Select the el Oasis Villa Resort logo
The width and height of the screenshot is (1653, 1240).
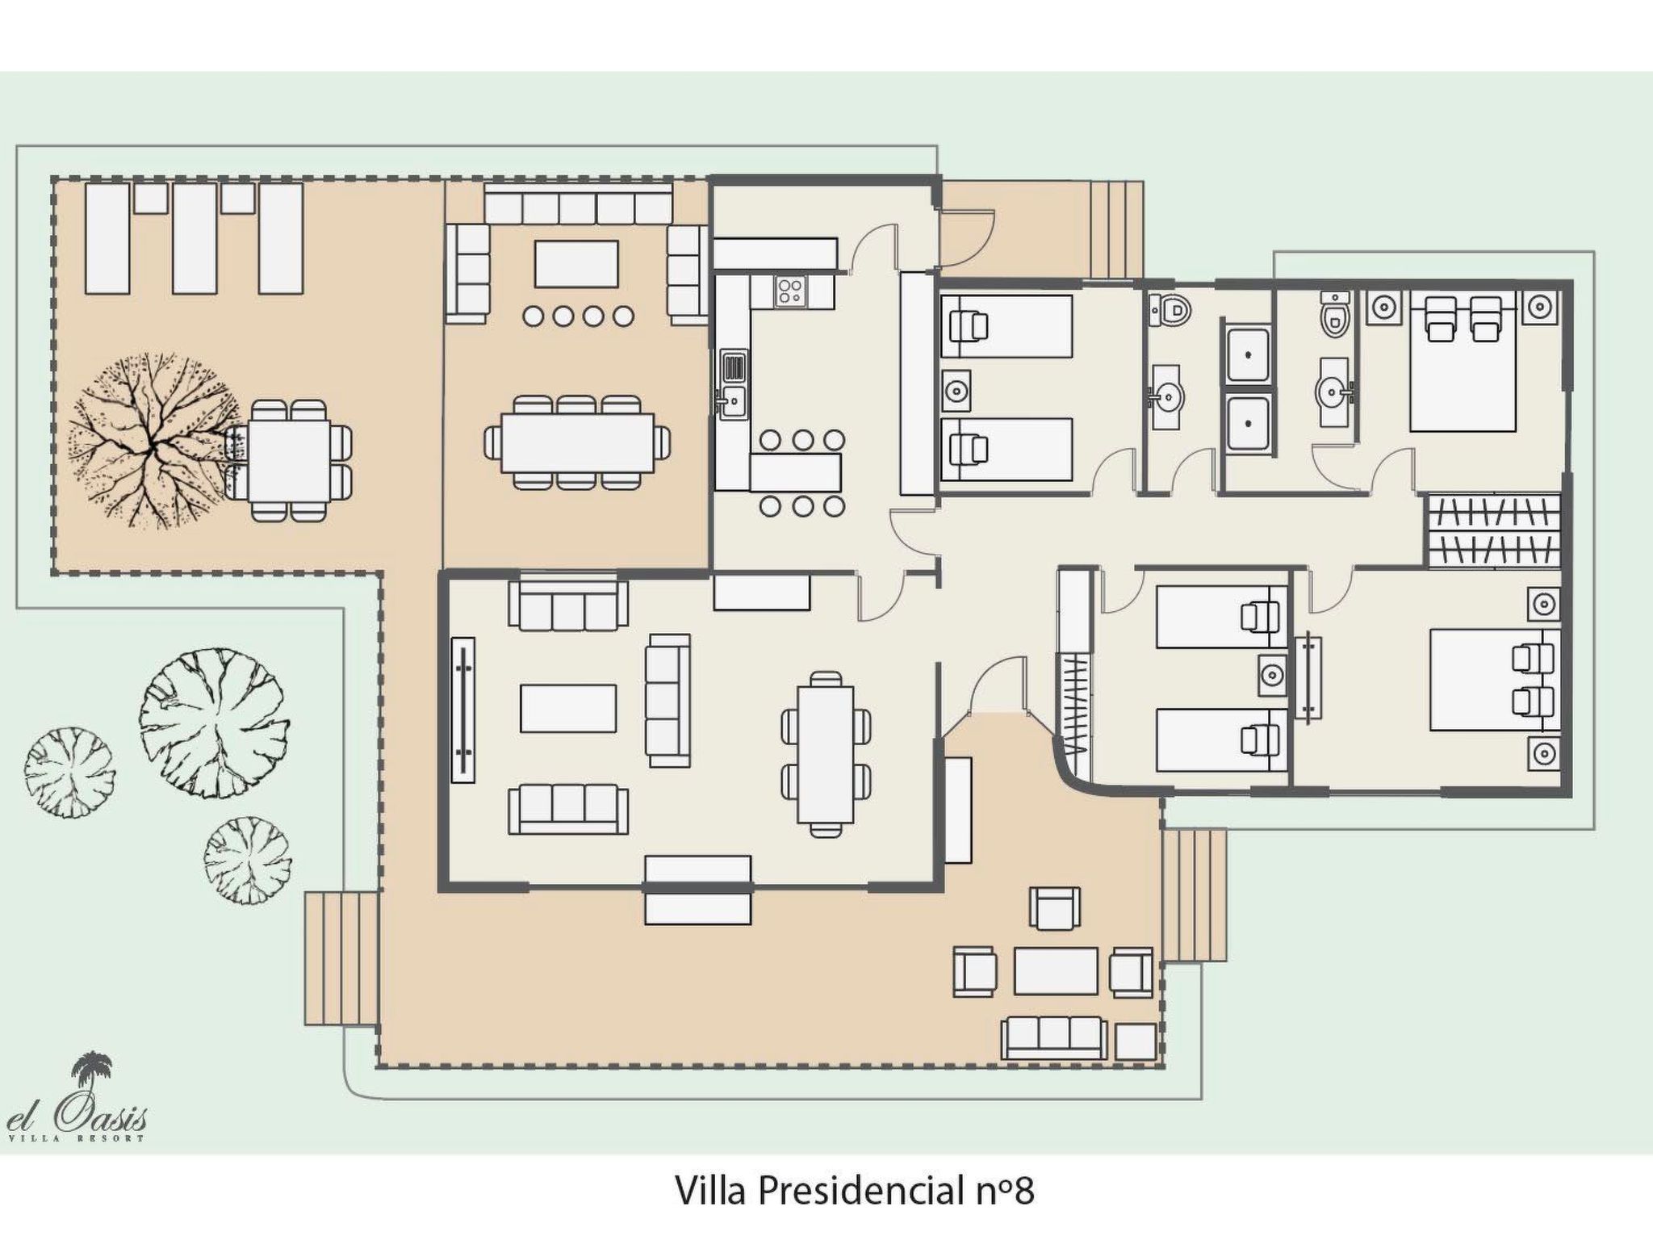click(x=77, y=1099)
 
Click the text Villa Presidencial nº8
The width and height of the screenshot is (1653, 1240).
click(x=854, y=1191)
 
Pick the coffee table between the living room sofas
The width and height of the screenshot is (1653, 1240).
click(x=569, y=708)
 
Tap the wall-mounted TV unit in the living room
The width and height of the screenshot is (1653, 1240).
click(x=463, y=710)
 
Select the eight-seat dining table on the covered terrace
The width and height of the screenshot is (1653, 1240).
click(x=577, y=442)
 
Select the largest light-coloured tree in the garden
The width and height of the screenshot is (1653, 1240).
click(x=214, y=723)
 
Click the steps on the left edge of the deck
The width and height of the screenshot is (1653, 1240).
click(x=341, y=958)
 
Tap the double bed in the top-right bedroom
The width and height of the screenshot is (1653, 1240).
click(x=1462, y=361)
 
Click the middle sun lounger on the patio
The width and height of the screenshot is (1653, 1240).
click(x=195, y=238)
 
